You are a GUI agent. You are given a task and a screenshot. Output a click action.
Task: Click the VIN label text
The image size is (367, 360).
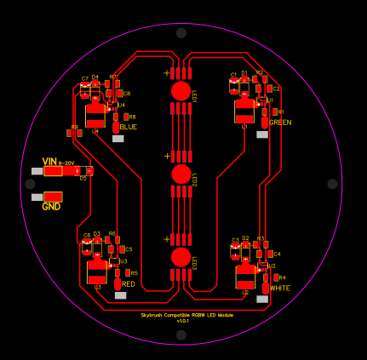point(49,161)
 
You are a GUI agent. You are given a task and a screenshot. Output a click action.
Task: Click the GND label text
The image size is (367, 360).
point(52,207)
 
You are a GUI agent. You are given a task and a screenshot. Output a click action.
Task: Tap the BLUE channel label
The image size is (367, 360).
point(129,127)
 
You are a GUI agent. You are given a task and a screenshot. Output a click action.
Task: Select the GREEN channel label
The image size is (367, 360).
point(280,123)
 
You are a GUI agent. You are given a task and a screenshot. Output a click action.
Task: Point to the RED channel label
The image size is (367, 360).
point(129,284)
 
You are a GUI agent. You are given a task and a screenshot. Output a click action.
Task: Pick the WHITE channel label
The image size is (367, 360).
point(280,289)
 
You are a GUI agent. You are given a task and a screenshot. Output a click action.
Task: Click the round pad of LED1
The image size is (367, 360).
point(181,91)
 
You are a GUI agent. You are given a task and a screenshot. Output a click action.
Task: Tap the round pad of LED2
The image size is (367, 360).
point(181,174)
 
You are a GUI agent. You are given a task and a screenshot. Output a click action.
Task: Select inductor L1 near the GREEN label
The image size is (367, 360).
point(245,111)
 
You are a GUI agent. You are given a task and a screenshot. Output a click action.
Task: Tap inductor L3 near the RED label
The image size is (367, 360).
point(97,271)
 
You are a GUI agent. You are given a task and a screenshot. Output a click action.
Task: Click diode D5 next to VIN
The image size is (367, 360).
point(83,171)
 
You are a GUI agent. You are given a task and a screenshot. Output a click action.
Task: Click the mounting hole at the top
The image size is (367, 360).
point(181,33)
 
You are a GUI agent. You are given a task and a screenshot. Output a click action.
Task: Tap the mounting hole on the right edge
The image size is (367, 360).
point(332,184)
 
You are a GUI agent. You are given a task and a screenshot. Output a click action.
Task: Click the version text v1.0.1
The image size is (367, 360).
point(183,321)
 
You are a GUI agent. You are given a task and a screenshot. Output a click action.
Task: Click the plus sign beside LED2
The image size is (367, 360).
point(168,157)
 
